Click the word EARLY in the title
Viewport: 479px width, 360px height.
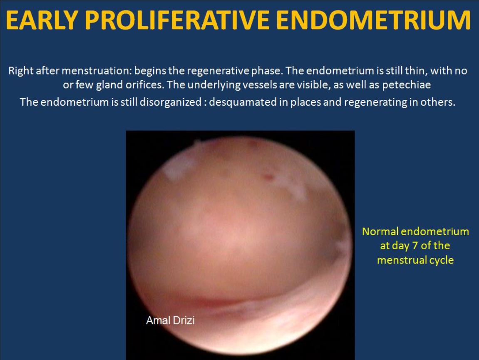tap(42, 20)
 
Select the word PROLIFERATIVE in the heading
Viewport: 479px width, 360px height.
tap(176, 20)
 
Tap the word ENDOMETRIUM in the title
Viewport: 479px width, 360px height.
tap(373, 20)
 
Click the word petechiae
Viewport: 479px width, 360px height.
tap(406, 85)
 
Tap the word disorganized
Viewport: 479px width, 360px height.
tap(171, 102)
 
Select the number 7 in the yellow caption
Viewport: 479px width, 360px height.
tap(415, 246)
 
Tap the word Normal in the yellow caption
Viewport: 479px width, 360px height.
tap(380, 231)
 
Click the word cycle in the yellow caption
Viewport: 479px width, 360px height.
tap(441, 261)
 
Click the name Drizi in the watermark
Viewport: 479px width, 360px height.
tap(184, 320)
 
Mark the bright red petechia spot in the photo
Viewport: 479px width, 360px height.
tap(267, 176)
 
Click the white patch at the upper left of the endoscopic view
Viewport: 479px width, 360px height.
tap(177, 166)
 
